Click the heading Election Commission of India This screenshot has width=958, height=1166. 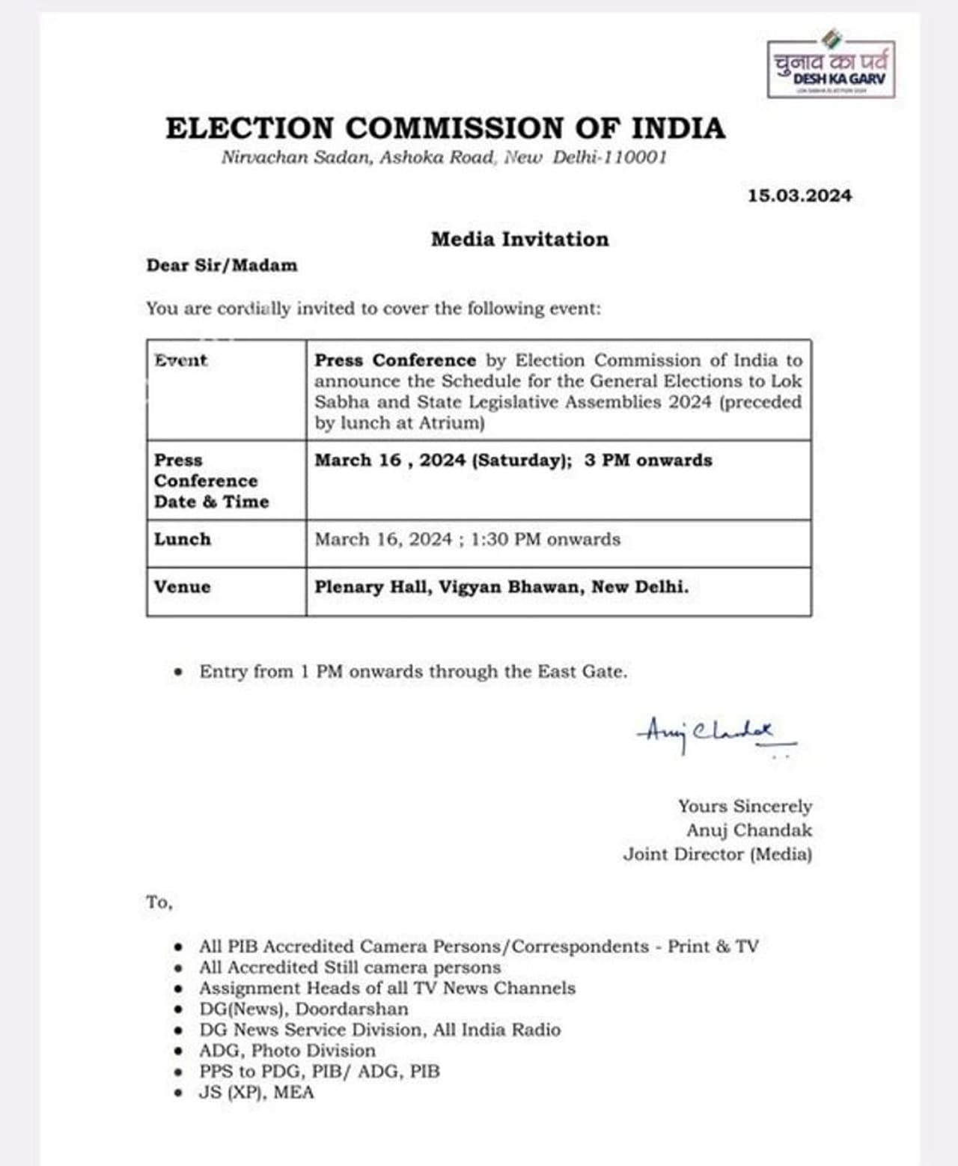point(445,128)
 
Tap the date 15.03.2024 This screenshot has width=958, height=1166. point(799,195)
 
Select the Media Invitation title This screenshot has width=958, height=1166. point(519,240)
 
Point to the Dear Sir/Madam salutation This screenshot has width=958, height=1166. point(222,265)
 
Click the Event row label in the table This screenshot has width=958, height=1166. point(180,360)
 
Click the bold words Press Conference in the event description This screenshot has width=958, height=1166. point(395,360)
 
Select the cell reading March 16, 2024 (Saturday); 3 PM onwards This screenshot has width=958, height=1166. point(513,460)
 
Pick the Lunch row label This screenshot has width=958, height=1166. point(183,539)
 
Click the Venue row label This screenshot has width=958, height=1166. point(183,586)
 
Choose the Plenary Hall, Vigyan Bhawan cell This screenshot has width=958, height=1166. point(501,586)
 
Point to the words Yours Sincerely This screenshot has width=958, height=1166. point(745,806)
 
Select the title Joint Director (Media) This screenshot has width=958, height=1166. point(717,854)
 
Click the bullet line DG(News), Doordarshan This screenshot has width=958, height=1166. point(303,1009)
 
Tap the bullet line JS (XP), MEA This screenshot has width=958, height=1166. point(256,1092)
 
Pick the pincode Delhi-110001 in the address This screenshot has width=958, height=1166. point(609,157)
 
